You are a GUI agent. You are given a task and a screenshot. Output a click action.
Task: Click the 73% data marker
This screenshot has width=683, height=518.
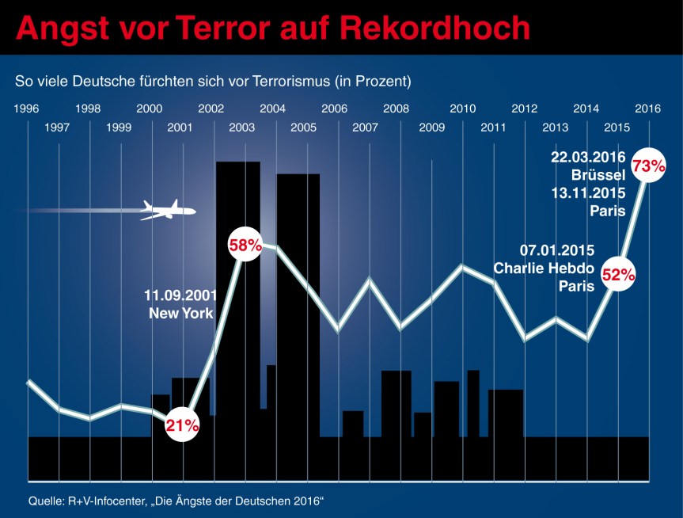647,166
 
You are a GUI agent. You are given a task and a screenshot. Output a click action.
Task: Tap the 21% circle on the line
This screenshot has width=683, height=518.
182,425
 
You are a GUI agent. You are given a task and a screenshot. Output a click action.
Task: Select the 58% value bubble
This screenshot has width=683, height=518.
245,245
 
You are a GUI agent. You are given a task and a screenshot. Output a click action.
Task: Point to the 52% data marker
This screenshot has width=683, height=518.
618,275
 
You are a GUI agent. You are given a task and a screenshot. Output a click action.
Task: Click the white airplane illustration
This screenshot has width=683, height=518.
167,210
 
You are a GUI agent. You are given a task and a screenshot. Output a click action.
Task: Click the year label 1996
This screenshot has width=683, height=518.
28,109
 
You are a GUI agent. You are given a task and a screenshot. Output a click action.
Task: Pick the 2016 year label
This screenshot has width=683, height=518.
648,109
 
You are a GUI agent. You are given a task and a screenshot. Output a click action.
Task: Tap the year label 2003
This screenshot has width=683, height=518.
242,127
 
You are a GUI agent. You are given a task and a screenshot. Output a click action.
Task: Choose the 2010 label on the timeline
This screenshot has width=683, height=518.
462,109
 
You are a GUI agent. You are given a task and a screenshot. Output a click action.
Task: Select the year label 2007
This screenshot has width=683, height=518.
365,127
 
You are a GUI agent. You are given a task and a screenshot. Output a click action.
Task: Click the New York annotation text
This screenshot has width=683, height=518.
181,313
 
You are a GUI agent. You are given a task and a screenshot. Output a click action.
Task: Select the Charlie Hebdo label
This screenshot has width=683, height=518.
544,268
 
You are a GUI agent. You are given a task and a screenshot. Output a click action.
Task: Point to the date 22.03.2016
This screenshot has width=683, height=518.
588,156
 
